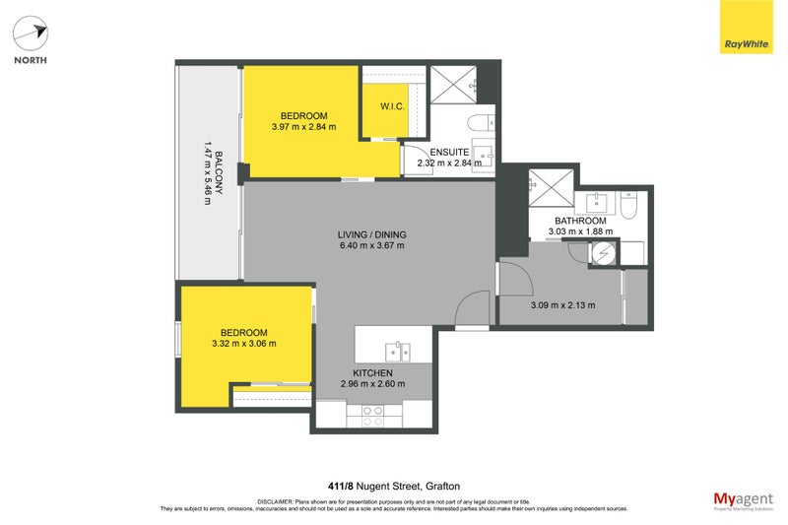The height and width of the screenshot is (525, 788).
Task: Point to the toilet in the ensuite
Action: pyautogui.click(x=480, y=122)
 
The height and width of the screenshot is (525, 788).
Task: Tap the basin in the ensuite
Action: pyautogui.click(x=483, y=158)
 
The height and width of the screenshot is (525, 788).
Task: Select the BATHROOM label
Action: pyautogui.click(x=578, y=220)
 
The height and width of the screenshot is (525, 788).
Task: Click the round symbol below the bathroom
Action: pyautogui.click(x=602, y=253)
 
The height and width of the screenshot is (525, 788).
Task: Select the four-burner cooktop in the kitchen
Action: pyautogui.click(x=372, y=415)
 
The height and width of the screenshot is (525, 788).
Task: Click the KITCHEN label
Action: pyautogui.click(x=373, y=373)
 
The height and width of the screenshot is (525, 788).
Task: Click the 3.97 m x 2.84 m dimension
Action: pyautogui.click(x=303, y=126)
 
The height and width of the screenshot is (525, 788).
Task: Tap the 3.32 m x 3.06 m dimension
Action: pyautogui.click(x=243, y=344)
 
